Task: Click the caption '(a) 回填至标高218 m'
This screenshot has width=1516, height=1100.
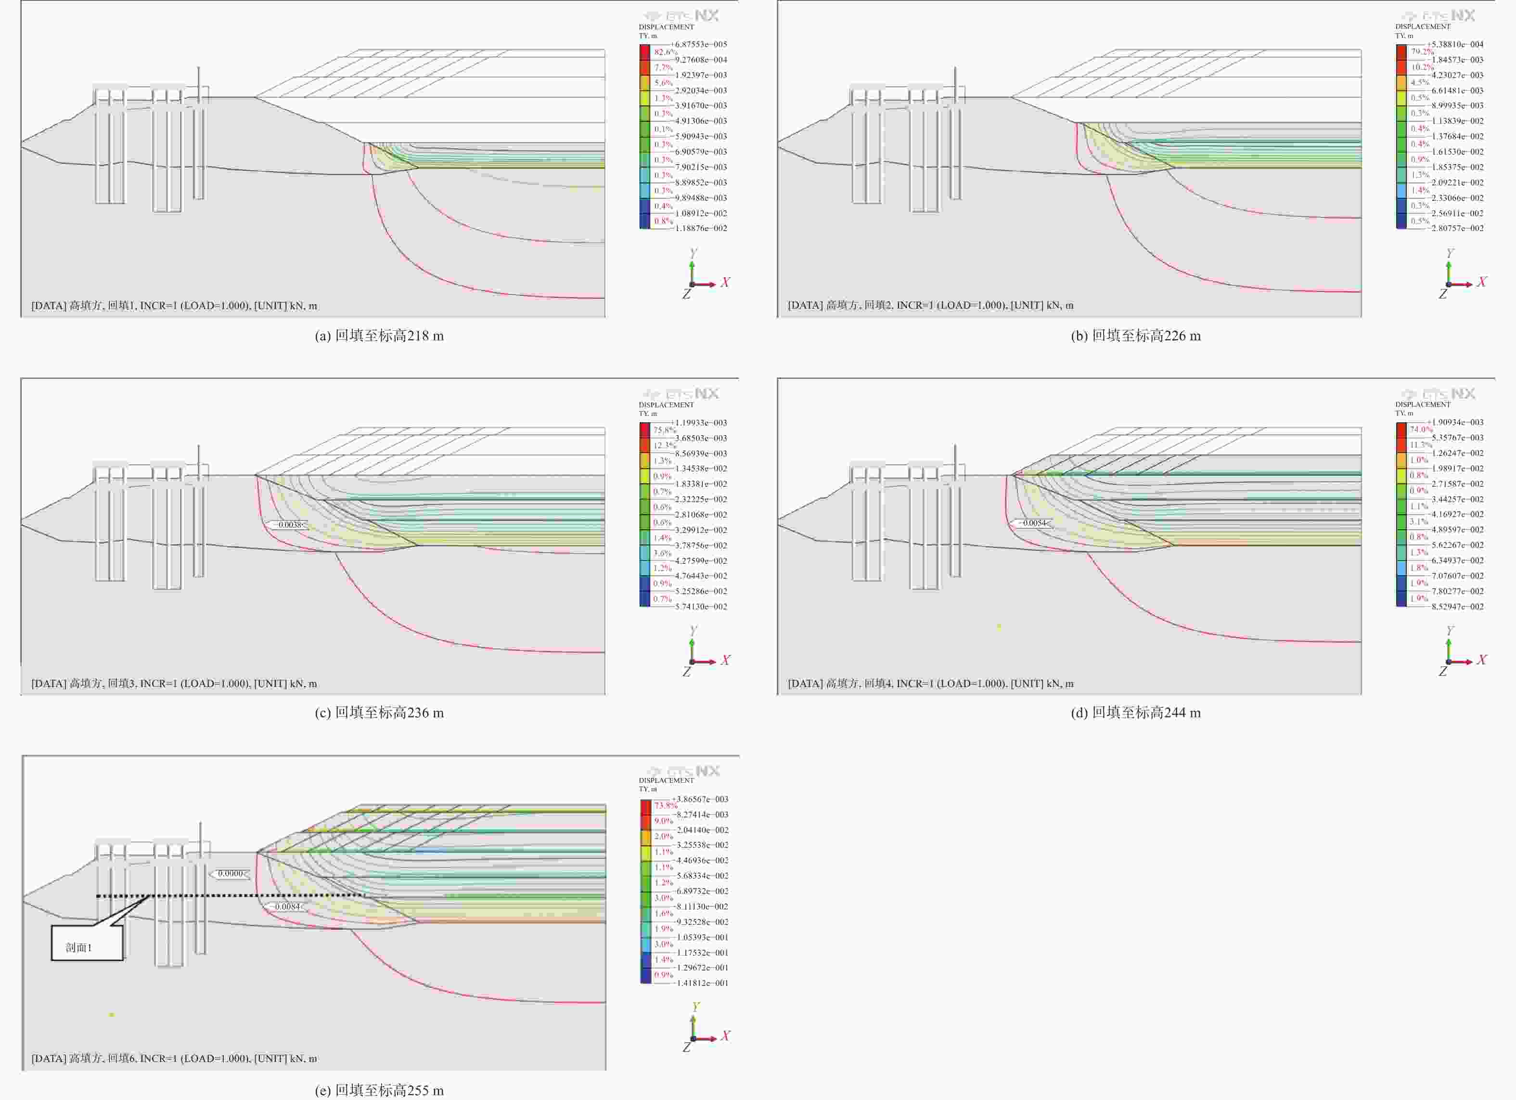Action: pos(379,336)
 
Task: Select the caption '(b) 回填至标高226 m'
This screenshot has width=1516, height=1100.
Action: pos(1136,336)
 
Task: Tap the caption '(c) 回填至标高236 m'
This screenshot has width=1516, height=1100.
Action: pos(379,713)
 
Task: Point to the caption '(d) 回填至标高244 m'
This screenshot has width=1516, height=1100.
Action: pos(1136,713)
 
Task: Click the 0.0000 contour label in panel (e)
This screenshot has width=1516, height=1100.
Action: pos(231,873)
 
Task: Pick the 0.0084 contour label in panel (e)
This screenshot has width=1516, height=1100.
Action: pos(287,907)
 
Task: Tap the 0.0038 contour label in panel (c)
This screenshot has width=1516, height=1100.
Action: pos(289,525)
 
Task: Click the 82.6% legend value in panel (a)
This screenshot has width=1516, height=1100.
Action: pos(665,52)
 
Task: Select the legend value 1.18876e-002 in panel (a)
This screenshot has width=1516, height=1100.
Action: pos(701,229)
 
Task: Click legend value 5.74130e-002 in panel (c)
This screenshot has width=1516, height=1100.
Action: pos(701,607)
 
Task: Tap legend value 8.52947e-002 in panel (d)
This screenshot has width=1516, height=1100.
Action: pos(1457,607)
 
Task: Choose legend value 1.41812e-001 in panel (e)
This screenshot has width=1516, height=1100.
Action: pos(702,983)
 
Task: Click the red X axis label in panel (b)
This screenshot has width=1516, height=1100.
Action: pos(1482,282)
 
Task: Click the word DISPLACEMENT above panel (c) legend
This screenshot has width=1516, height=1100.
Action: pos(666,404)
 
